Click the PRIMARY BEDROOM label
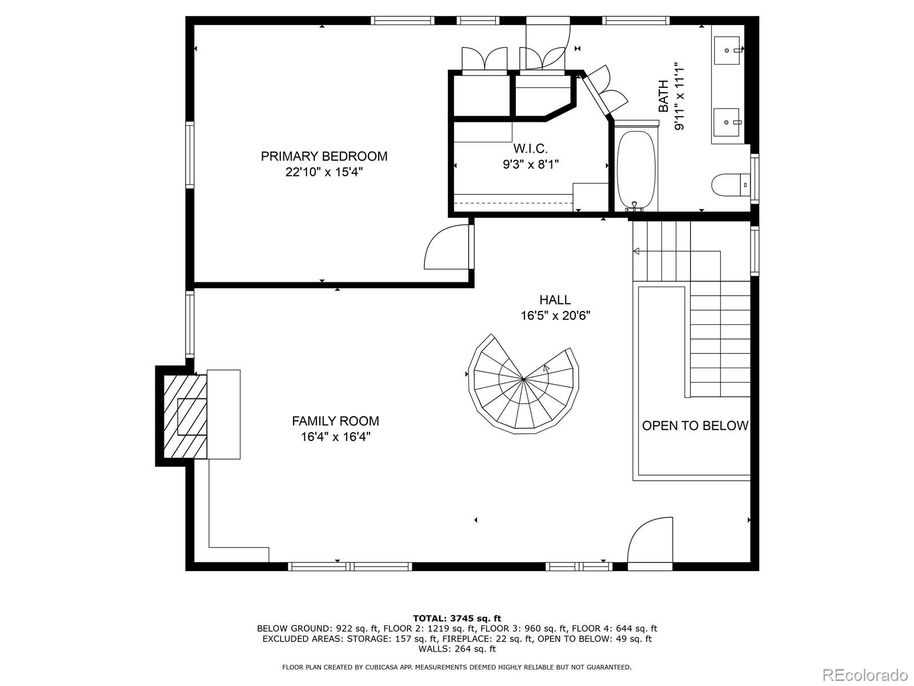324,156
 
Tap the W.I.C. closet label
530,148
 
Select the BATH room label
663,96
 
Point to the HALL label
555,300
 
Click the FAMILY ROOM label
335,421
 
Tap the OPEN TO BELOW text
695,426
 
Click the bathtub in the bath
636,170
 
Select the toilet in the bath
731,185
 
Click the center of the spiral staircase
523,380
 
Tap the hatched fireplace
185,416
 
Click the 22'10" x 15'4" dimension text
324,172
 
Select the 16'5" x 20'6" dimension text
555,316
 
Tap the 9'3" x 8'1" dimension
531,164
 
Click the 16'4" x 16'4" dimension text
336,437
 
